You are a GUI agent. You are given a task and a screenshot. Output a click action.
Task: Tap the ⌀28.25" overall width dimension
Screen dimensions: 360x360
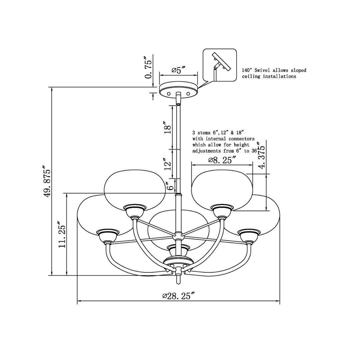coord(178,296)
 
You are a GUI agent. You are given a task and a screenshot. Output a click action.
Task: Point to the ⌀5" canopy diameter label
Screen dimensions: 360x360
coord(178,70)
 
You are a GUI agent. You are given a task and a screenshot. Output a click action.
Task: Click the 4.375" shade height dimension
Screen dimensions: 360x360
coord(262,156)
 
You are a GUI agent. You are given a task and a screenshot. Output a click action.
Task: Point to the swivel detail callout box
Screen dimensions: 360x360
coord(220,65)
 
